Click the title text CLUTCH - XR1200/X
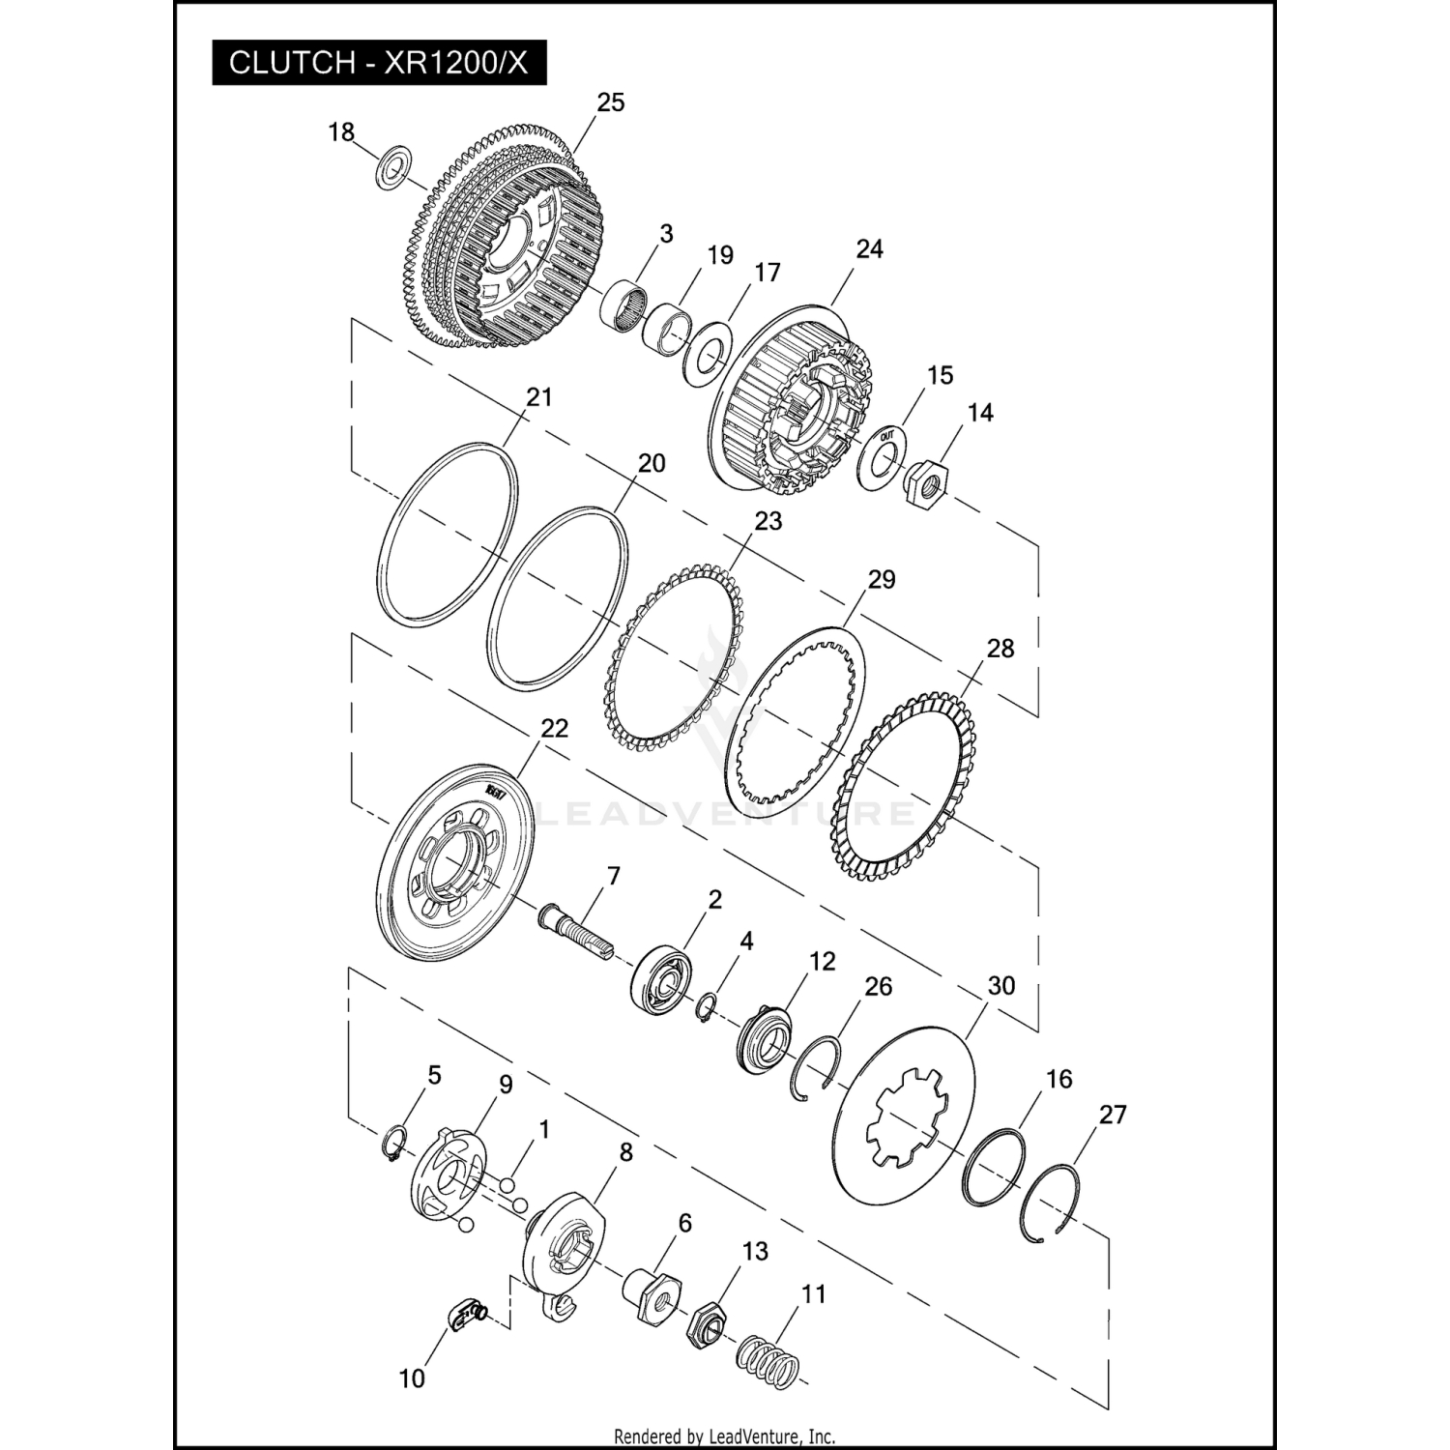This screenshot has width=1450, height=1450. click(379, 63)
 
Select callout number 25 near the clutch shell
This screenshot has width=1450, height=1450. click(611, 103)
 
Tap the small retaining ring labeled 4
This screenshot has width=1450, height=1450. click(707, 1007)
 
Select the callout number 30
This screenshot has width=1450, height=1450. click(1001, 986)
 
